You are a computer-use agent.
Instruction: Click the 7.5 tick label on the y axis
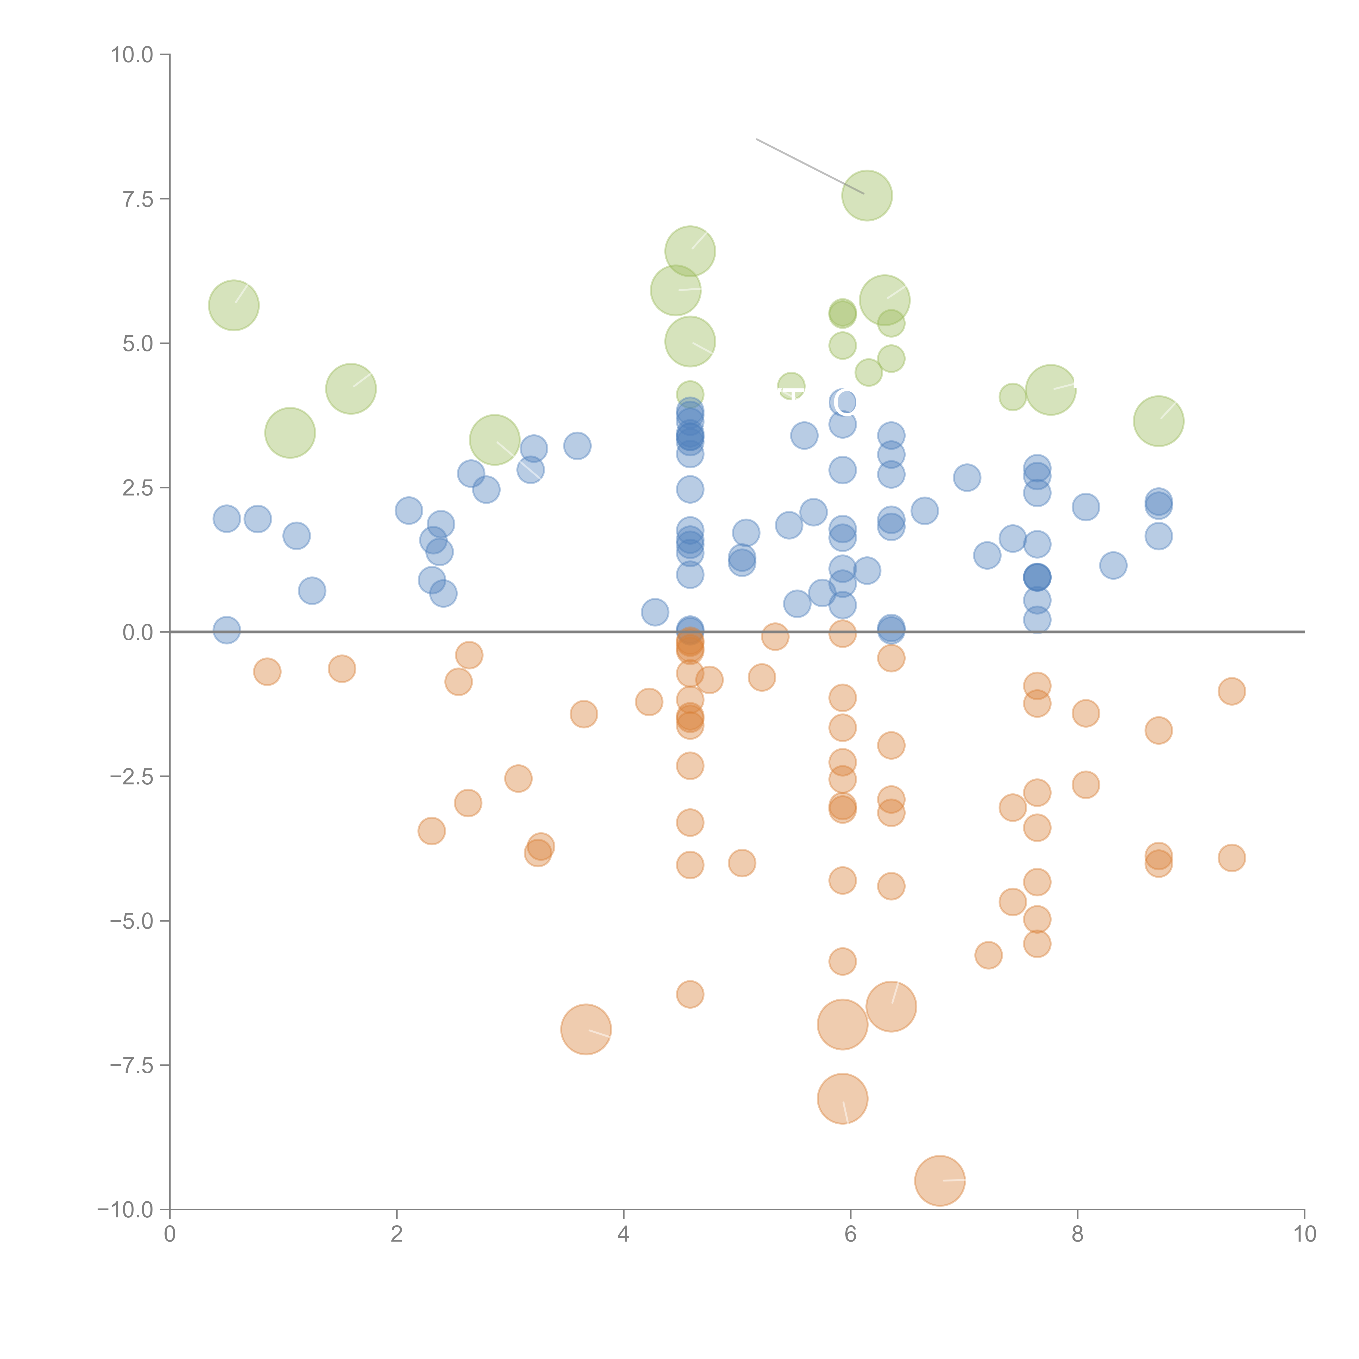(x=138, y=199)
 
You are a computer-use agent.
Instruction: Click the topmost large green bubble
(x=866, y=195)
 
